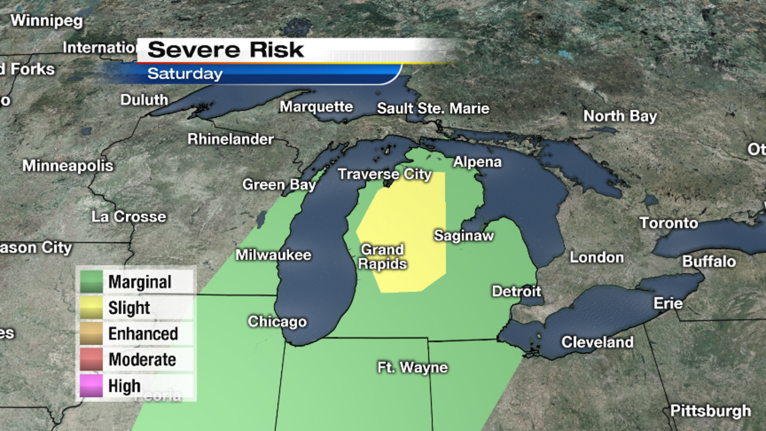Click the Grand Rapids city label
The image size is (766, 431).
[382, 257]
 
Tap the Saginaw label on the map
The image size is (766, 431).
[464, 236]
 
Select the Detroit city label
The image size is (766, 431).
[516, 292]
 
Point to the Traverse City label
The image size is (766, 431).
[384, 174]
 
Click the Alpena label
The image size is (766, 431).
[477, 162]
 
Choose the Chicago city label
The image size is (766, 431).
[277, 321]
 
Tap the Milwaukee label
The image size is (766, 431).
[273, 255]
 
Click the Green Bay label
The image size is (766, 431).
[279, 184]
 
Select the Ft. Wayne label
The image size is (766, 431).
[412, 367]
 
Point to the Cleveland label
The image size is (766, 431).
[597, 342]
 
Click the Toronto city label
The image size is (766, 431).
[668, 223]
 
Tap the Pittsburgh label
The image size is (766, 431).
[710, 411]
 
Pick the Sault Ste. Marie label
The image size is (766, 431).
[433, 109]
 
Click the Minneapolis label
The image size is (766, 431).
[68, 166]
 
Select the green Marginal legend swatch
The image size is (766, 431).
[92, 282]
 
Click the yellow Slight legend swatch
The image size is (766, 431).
[92, 308]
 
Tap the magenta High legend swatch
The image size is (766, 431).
[92, 386]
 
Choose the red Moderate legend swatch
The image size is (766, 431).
[92, 360]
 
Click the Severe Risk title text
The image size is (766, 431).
[226, 50]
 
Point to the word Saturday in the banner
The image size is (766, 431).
[185, 74]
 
